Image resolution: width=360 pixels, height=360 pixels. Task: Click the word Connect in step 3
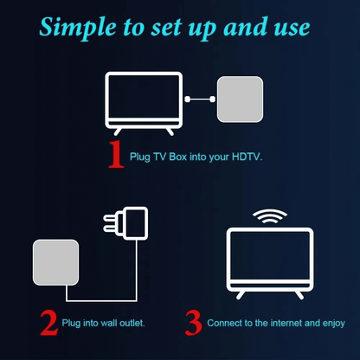pos(222,324)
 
